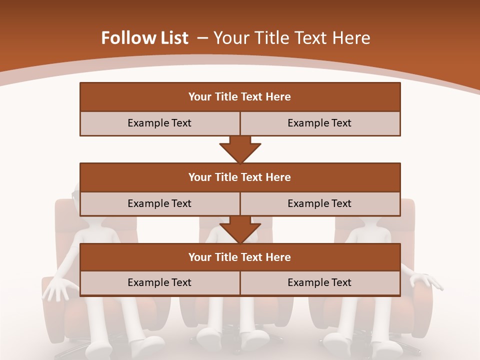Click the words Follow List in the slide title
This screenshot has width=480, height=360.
(145, 38)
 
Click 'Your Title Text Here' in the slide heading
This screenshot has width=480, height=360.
(292, 38)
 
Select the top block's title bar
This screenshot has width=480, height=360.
(240, 97)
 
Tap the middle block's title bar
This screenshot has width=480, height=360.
(240, 177)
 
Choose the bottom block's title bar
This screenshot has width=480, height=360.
(240, 257)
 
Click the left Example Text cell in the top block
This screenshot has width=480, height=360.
(159, 123)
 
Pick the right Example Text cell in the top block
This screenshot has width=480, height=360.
(320, 123)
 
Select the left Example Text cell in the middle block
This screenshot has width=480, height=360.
(159, 203)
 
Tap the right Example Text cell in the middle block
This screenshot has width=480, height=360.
(320, 203)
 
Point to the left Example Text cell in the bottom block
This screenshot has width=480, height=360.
(159, 282)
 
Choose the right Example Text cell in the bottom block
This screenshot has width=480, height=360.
(320, 282)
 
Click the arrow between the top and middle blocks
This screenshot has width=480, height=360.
(240, 149)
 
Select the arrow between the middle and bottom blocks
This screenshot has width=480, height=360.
(240, 229)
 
